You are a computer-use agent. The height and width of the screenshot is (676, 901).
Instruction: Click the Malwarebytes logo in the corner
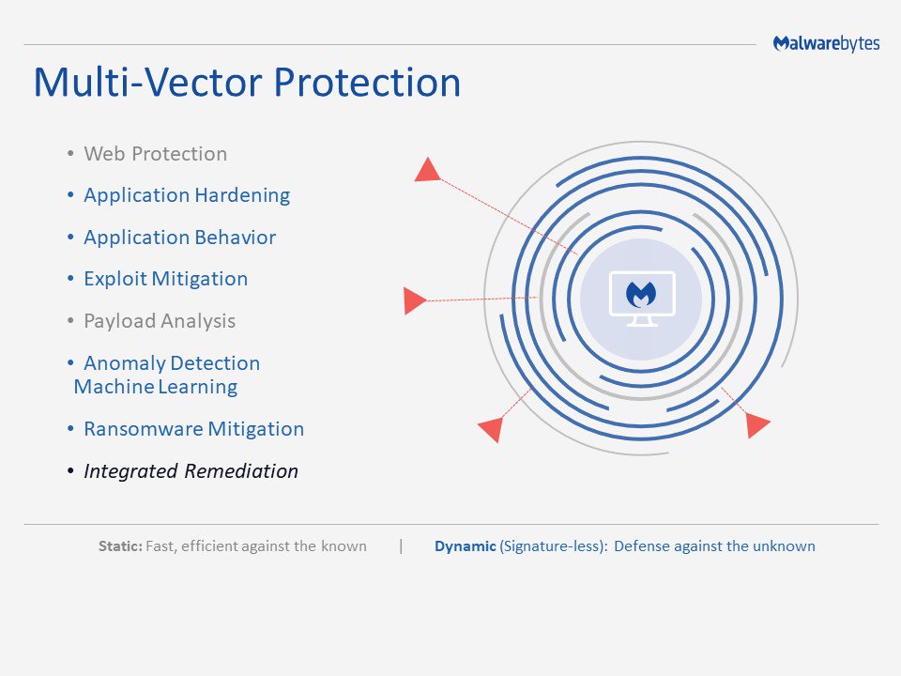point(826,44)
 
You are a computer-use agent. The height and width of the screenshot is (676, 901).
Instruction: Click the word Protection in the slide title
point(367,83)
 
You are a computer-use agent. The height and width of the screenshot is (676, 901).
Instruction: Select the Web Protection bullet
point(155,154)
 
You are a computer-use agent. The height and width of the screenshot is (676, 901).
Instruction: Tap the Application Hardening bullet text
point(186,195)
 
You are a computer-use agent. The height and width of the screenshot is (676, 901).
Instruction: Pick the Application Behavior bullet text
point(179,238)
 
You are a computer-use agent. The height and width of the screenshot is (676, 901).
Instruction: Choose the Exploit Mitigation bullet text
point(165,279)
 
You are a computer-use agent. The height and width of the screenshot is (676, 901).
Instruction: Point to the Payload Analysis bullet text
point(159,321)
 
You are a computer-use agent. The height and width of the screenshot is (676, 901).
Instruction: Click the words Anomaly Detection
point(171,363)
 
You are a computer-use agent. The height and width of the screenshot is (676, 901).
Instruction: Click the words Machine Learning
point(155,387)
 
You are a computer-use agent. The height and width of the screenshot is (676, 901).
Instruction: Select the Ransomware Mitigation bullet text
point(193,429)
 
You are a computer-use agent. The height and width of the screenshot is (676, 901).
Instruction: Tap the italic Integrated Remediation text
point(191,471)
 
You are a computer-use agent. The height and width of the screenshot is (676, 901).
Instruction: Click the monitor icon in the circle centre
point(641,298)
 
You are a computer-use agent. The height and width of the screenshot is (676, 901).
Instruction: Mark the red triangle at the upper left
point(428,170)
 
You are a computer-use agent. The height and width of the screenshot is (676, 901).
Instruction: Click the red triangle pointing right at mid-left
point(414,301)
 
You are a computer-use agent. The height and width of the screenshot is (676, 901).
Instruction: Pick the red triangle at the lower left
point(491,429)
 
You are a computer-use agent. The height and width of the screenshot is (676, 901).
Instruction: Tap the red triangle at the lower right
point(756,425)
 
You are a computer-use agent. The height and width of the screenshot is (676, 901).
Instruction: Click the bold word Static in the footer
point(120,546)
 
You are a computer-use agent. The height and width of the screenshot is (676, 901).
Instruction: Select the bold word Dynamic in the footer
point(465,546)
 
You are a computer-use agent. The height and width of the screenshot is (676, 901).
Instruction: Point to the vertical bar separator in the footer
point(401,545)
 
